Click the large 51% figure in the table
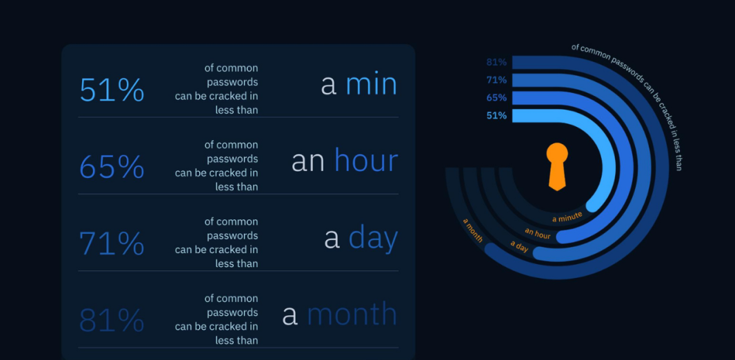[112, 90]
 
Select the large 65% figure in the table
[112, 167]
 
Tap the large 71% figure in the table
[112, 243]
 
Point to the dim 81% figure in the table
[112, 321]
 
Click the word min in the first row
[371, 84]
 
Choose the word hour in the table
[366, 161]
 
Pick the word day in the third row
[373, 239]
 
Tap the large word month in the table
[352, 314]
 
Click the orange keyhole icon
[557, 166]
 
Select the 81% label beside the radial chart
[496, 62]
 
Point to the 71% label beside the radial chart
[496, 80]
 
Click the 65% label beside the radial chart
[496, 98]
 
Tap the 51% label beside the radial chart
[496, 115]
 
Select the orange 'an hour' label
[538, 233]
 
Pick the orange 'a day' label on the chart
[519, 247]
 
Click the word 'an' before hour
[308, 161]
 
